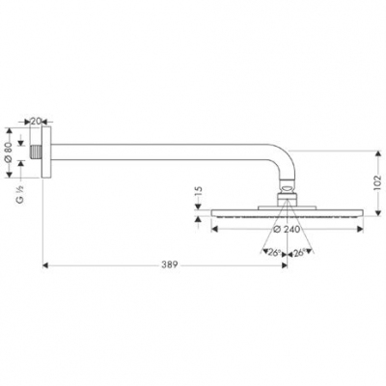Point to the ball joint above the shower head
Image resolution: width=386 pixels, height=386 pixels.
click(x=288, y=191)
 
